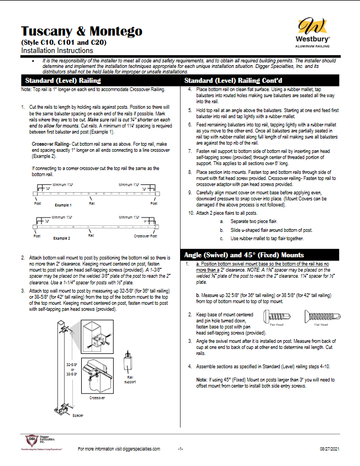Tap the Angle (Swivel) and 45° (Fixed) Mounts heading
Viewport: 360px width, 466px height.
pos(245,255)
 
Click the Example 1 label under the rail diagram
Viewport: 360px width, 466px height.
pos(62,205)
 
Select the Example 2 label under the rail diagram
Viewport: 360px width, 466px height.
pos(62,238)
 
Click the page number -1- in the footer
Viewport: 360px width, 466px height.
pos(180,449)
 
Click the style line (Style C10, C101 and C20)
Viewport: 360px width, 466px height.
pos(63,42)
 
